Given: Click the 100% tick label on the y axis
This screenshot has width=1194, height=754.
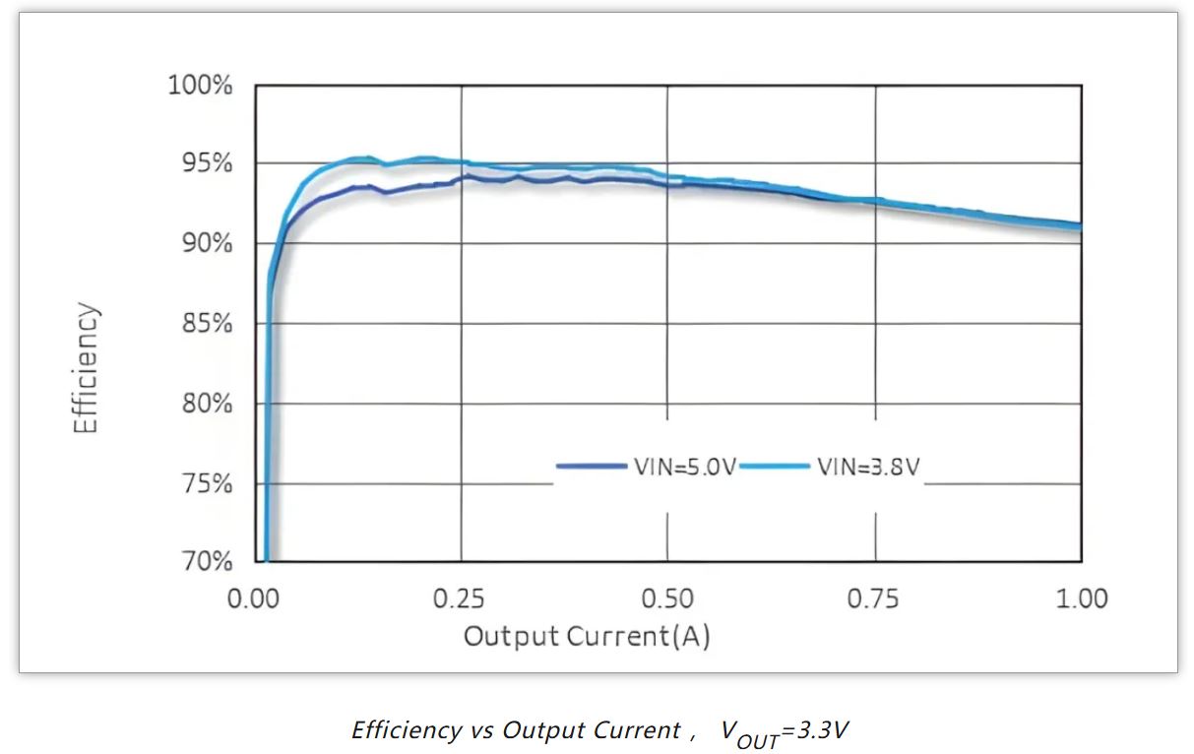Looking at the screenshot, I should pos(200,86).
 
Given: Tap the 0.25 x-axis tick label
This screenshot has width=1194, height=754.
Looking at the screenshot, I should pos(461,598).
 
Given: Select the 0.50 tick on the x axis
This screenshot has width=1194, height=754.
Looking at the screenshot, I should pos(667,598).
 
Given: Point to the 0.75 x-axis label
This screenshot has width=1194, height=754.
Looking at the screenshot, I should pos(874,598).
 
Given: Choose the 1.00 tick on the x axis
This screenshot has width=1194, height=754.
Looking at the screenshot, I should pos(1081,598).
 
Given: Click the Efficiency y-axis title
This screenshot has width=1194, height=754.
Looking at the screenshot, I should pos(88,368).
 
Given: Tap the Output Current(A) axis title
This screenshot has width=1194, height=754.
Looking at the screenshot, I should pos(587,637).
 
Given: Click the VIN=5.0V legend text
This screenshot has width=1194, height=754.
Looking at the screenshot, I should pos(685,467).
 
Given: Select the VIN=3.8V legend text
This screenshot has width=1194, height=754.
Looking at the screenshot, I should pos(868,467).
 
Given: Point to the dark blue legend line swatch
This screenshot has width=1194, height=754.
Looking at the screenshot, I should pos(591,466).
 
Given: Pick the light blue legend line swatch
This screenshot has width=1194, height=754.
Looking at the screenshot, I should pos(775,466).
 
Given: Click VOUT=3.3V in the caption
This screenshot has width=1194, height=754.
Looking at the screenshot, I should pos(785,731).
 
